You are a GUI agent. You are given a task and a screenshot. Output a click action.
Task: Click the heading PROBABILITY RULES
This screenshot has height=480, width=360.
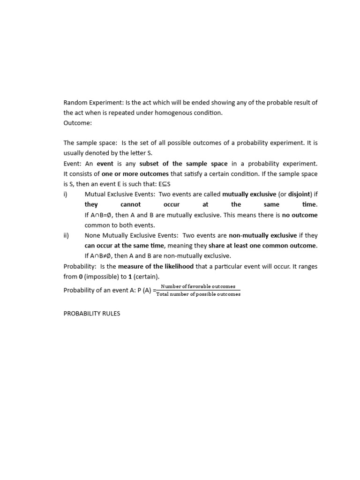(92, 313)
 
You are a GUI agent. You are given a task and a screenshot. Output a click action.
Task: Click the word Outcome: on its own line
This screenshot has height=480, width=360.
(78, 123)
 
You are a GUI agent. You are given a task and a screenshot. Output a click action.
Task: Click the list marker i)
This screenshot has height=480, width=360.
(66, 194)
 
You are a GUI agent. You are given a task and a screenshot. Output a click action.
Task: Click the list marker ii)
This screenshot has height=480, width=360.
(67, 235)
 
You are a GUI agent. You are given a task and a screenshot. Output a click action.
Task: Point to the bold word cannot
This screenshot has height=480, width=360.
(130, 204)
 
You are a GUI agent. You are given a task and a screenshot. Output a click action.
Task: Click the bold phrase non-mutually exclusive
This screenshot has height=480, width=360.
(262, 235)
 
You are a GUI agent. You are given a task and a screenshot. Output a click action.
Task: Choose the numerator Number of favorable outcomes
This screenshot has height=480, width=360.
(198, 286)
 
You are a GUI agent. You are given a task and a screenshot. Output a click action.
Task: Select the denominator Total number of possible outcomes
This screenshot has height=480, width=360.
(198, 294)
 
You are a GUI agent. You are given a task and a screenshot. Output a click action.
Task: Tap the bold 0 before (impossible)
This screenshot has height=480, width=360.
(80, 277)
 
